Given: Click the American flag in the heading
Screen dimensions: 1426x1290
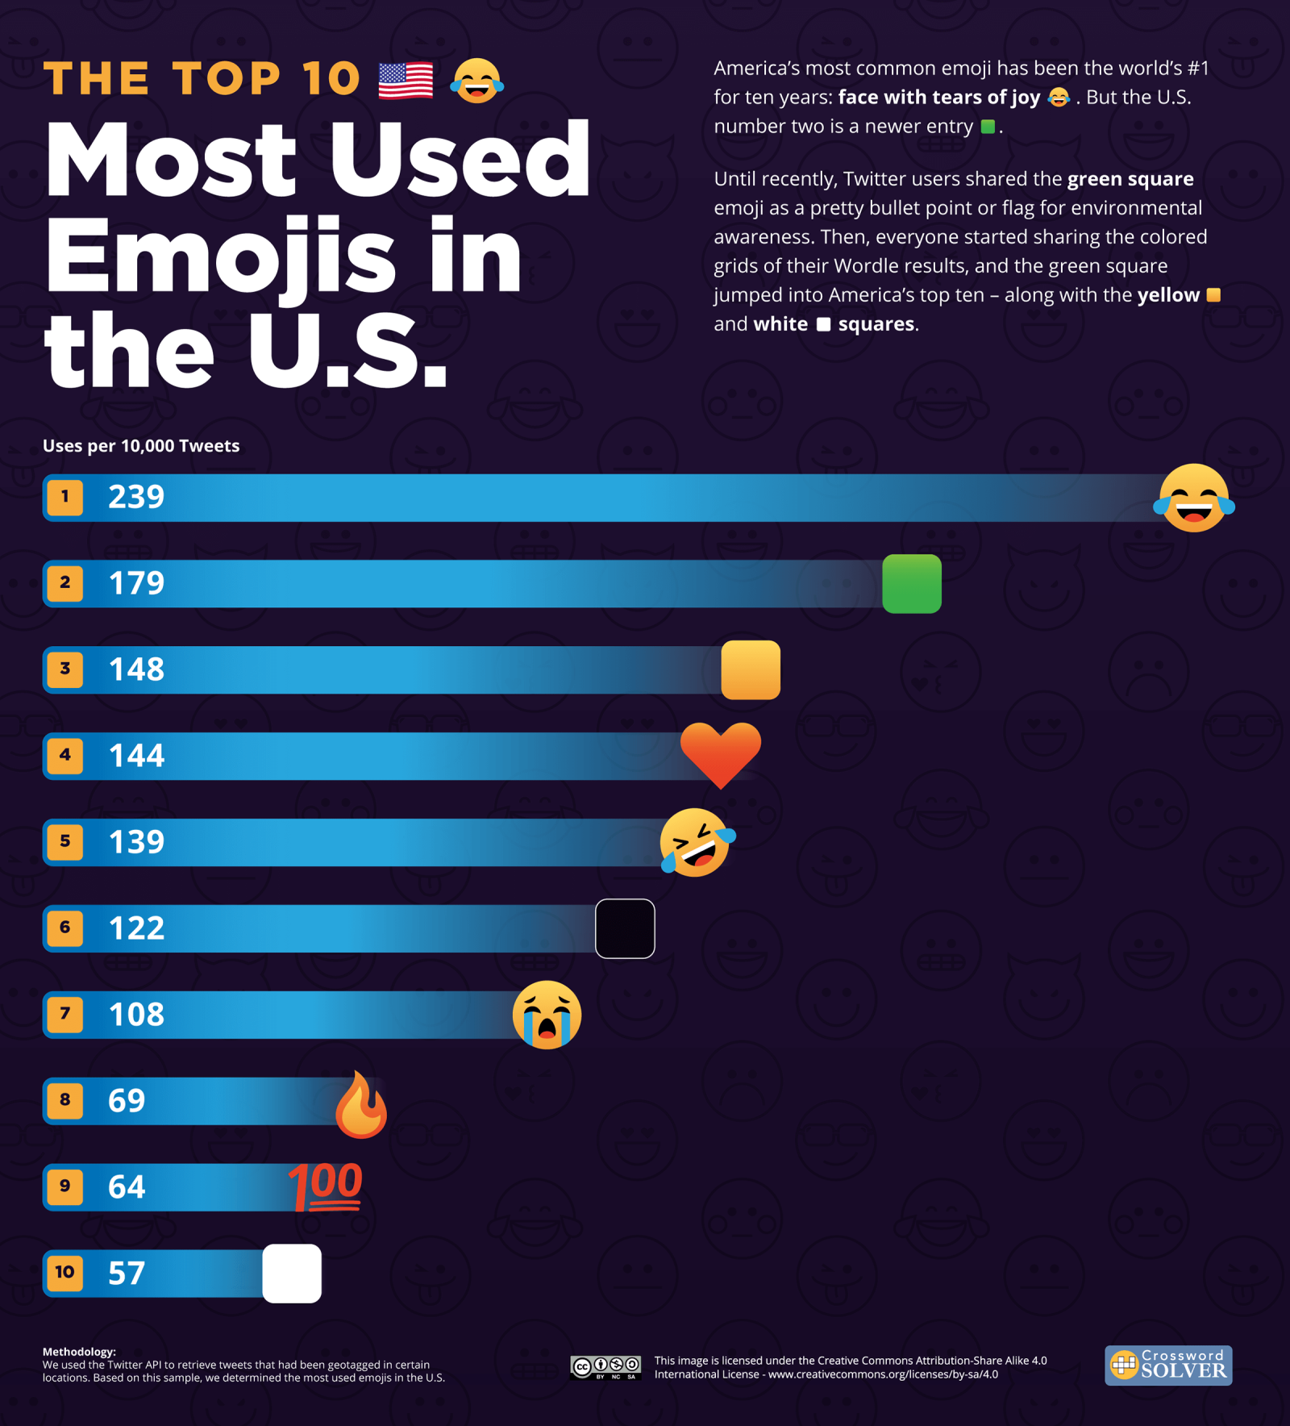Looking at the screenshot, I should pos(406,81).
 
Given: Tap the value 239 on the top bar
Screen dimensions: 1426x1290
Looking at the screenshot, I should pos(136,497).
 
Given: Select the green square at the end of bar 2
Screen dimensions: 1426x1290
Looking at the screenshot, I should pos(912,584).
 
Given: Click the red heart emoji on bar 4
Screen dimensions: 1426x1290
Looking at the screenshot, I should pos(720,753).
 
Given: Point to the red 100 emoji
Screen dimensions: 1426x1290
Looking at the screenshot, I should pos(327,1187).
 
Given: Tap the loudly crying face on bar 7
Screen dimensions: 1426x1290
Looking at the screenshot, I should pos(547,1015).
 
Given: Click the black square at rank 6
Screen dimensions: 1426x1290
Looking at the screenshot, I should pos(625,928).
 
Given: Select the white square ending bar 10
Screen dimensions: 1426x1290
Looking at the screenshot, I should pos(292,1274).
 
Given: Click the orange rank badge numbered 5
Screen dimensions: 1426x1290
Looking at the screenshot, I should pos(65,841).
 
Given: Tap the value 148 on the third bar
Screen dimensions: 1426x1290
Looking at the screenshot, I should pos(136,669).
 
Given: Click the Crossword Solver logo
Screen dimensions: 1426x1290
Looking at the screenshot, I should pos(1168,1365).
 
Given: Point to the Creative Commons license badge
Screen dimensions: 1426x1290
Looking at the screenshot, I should pos(605,1366).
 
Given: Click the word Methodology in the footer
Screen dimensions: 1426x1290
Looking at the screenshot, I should pos(79,1352).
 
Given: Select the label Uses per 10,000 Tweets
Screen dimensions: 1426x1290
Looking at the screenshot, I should pos(141,446).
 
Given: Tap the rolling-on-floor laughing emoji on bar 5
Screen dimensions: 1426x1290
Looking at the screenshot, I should pos(697,842).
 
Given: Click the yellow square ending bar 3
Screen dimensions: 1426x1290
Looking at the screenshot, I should pos(751,670).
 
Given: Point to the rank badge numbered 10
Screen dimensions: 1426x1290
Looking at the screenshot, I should pos(65,1272).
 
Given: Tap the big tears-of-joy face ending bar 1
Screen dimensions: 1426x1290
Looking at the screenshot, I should pos(1194,498).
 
